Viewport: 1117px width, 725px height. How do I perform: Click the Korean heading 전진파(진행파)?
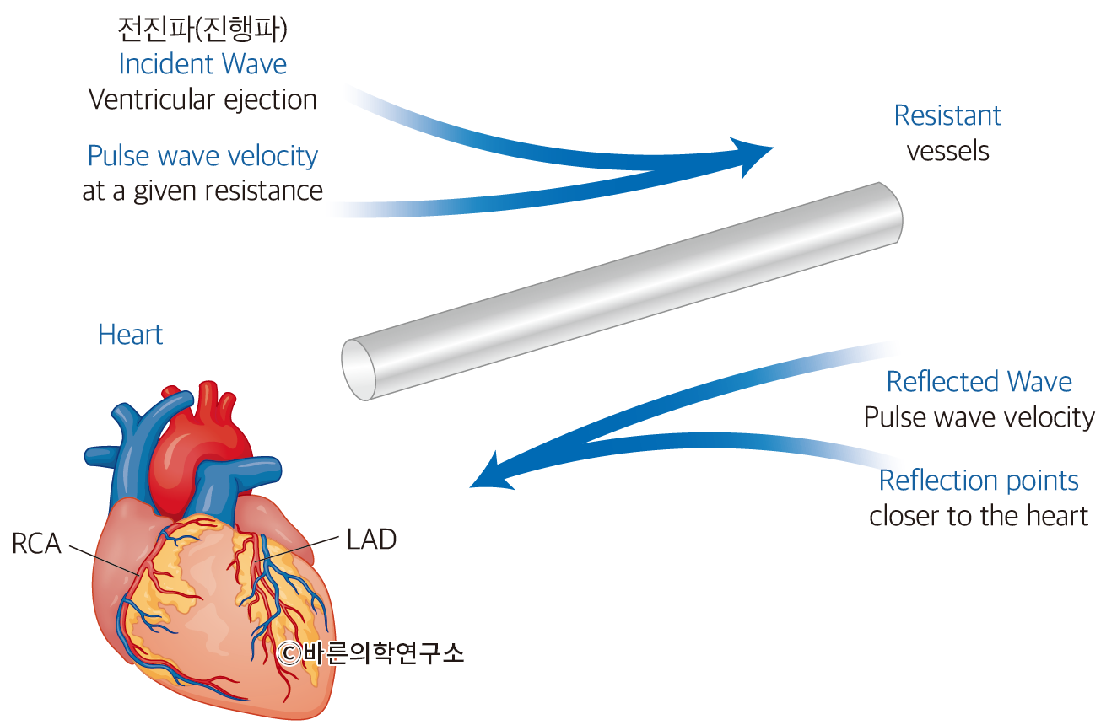click(202, 29)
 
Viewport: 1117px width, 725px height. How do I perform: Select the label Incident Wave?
click(202, 64)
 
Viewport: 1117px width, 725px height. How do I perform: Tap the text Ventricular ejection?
click(202, 99)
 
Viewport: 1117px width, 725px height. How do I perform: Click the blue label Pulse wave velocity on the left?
click(202, 156)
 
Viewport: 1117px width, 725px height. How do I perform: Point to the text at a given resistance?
click(202, 191)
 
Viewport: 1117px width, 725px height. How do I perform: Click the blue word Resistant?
click(947, 115)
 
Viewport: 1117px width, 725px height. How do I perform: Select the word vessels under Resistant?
click(947, 151)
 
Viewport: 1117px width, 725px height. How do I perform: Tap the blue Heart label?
click(130, 335)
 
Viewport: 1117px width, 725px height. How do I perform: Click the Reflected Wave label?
click(979, 382)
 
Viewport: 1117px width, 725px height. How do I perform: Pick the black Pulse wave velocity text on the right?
click(979, 417)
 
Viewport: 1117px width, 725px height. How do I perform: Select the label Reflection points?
click(979, 481)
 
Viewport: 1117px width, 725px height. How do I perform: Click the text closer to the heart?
click(979, 516)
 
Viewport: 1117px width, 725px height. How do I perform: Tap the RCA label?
click(36, 545)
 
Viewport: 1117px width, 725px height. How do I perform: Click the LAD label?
click(371, 540)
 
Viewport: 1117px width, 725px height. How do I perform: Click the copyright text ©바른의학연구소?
click(371, 653)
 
